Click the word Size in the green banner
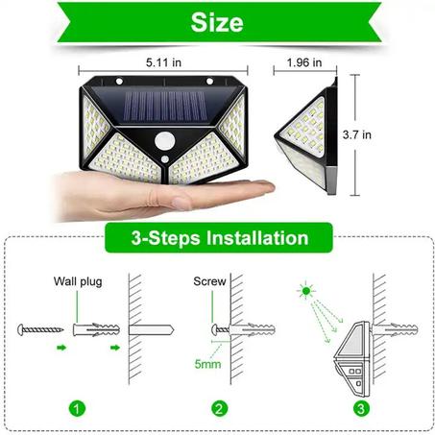point(217,22)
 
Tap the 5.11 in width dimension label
point(164,62)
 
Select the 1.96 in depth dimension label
point(305,62)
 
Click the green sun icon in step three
point(307,289)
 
